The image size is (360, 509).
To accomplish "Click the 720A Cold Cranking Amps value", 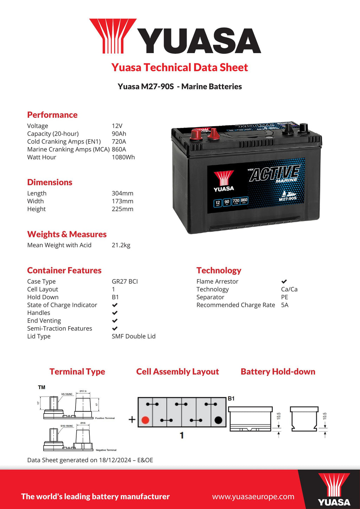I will point(119,142).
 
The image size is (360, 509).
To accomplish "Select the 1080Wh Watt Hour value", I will point(123,157).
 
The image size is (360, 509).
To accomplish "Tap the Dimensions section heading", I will point(50,182).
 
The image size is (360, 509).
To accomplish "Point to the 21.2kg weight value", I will point(121,245).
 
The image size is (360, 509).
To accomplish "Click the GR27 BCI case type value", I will point(124,281).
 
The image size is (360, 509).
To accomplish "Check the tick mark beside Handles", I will point(115,313).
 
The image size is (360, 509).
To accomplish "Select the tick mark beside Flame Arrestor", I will point(284,281).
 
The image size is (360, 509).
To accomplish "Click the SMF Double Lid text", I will point(133,336).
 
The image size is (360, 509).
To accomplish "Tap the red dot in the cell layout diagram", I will point(145,420).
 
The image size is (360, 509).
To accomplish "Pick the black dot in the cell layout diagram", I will point(218,420).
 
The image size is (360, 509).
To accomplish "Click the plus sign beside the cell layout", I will point(132,419).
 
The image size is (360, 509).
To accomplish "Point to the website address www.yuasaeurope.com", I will point(253,496).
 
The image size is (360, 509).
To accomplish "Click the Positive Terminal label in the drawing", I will point(105,418).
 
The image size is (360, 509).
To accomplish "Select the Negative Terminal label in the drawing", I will point(106,450).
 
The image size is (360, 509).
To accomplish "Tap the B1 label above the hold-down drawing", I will point(231,399).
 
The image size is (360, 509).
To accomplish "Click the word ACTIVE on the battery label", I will point(274,173).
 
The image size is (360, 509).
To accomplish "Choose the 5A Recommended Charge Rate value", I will point(284,305).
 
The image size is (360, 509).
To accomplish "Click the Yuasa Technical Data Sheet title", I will point(180,67).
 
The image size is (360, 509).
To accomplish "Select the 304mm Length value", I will point(122,193).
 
